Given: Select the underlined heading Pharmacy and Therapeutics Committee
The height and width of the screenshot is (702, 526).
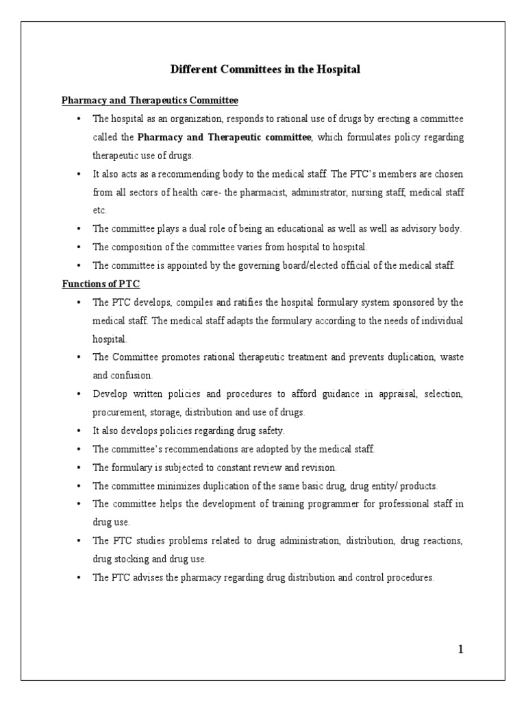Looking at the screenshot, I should (x=150, y=101).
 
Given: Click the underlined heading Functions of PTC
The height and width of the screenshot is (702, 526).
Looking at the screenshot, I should (x=101, y=284).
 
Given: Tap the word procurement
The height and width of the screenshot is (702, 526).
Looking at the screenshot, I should (x=116, y=412).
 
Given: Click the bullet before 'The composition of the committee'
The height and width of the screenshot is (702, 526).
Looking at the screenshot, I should (x=80, y=247).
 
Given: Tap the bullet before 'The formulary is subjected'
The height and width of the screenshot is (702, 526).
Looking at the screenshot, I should (x=80, y=468).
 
